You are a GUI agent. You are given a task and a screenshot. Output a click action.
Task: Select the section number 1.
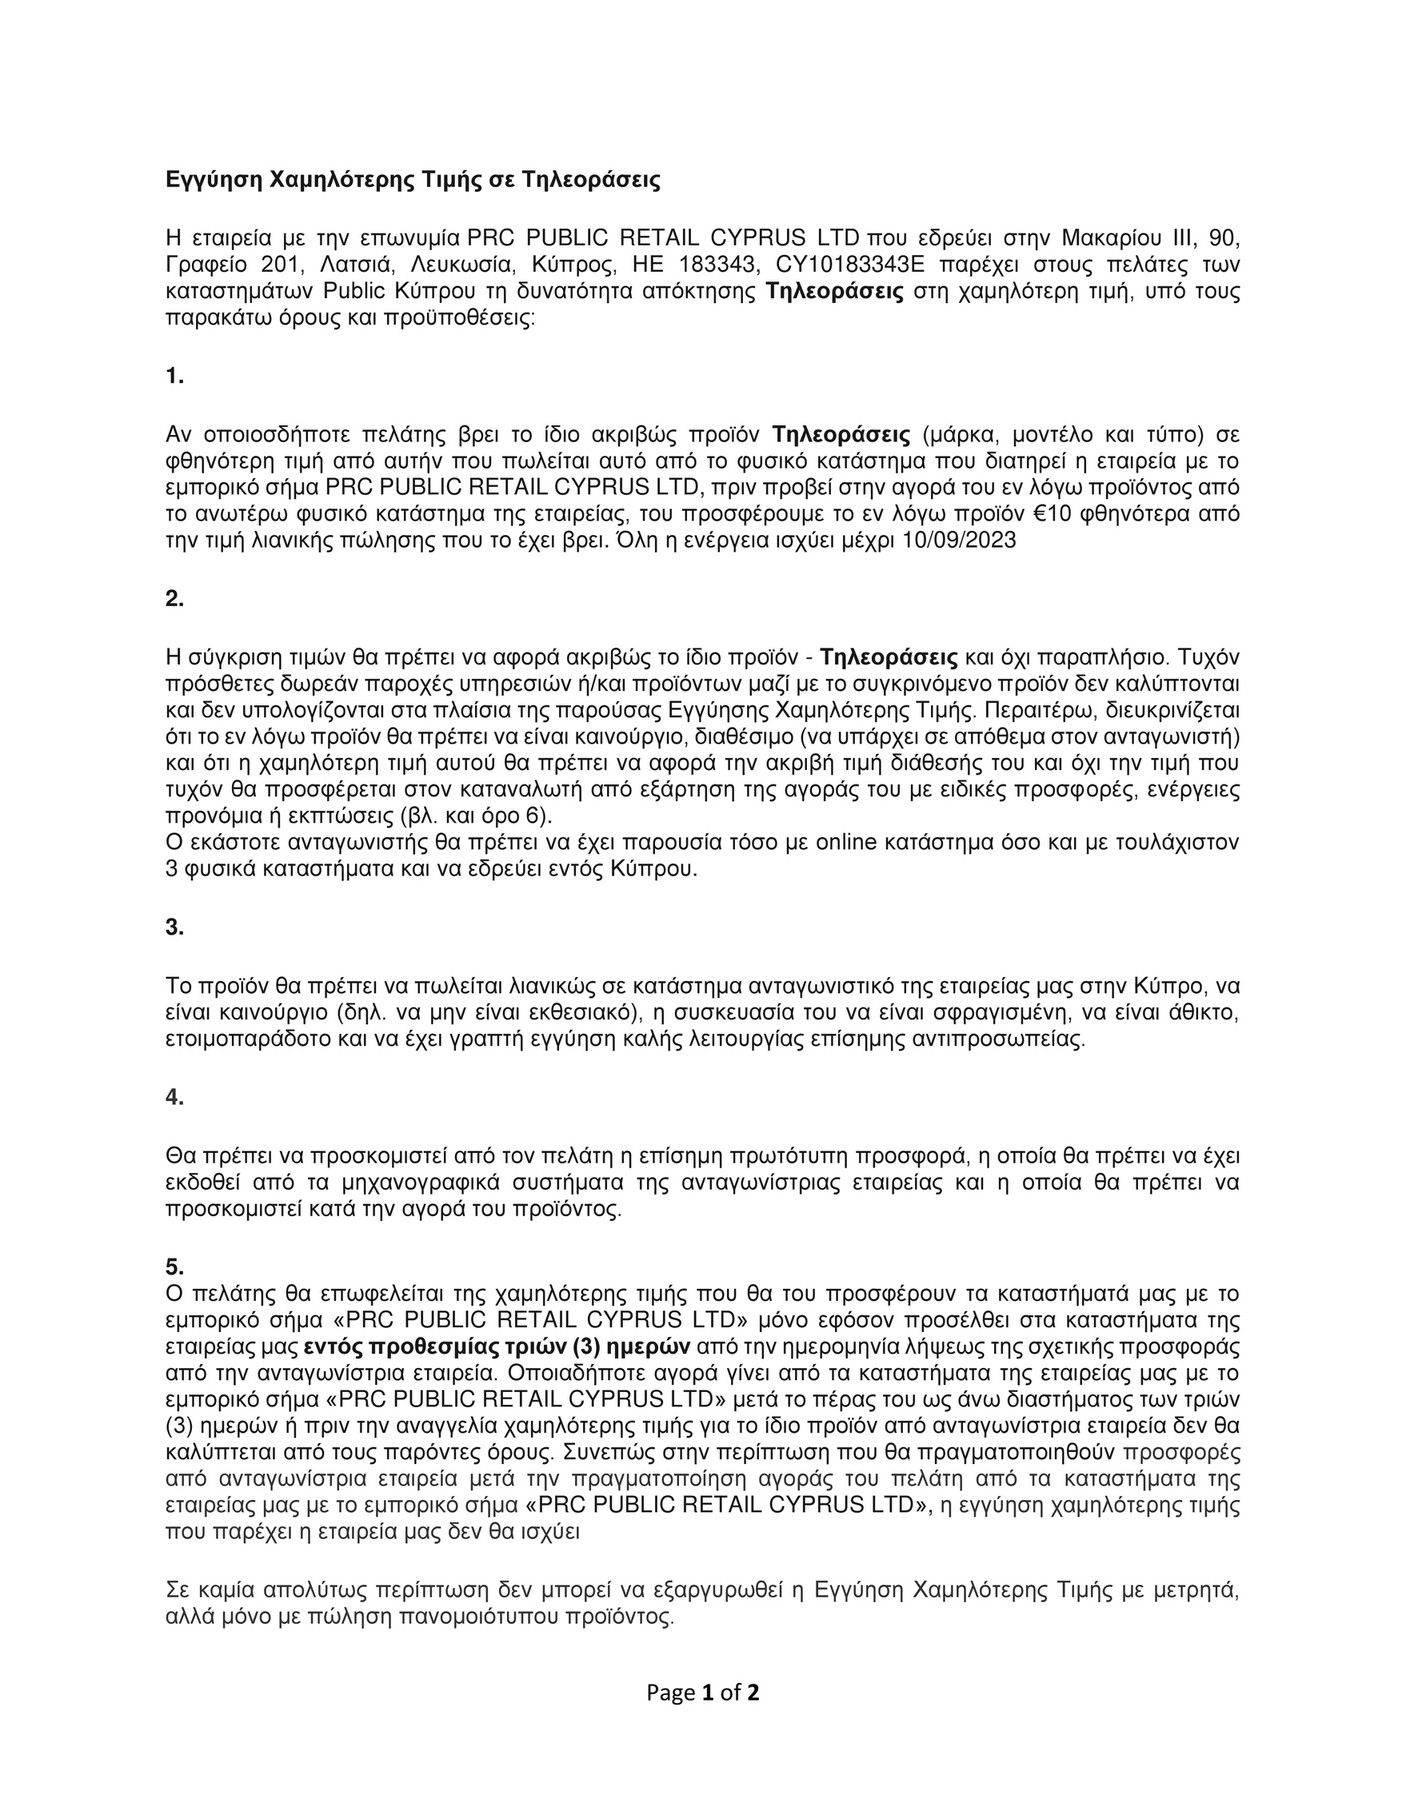[174, 376]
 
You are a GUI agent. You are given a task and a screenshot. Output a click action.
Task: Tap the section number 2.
[174, 599]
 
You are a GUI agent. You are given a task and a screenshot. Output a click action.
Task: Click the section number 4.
[174, 1097]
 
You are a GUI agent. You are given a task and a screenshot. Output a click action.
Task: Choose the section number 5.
[174, 1267]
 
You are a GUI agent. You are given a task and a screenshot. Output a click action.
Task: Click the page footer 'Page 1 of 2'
[703, 1693]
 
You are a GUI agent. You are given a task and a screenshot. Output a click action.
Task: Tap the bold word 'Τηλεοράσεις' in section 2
[889, 658]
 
